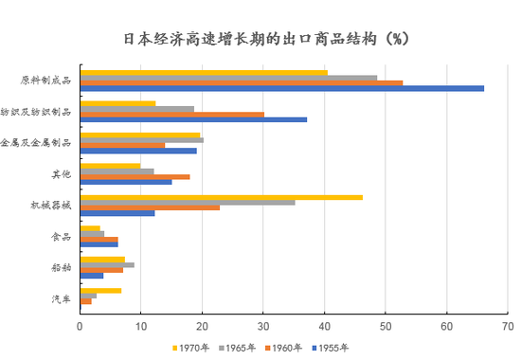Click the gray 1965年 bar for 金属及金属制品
[x=141, y=140]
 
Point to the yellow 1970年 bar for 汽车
[x=100, y=290]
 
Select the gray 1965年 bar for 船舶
[x=107, y=265]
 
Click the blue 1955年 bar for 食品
[x=99, y=243]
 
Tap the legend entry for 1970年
[x=193, y=348]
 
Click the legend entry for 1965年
[x=242, y=348]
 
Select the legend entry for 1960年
[x=289, y=348]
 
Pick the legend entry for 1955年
[x=336, y=348]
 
